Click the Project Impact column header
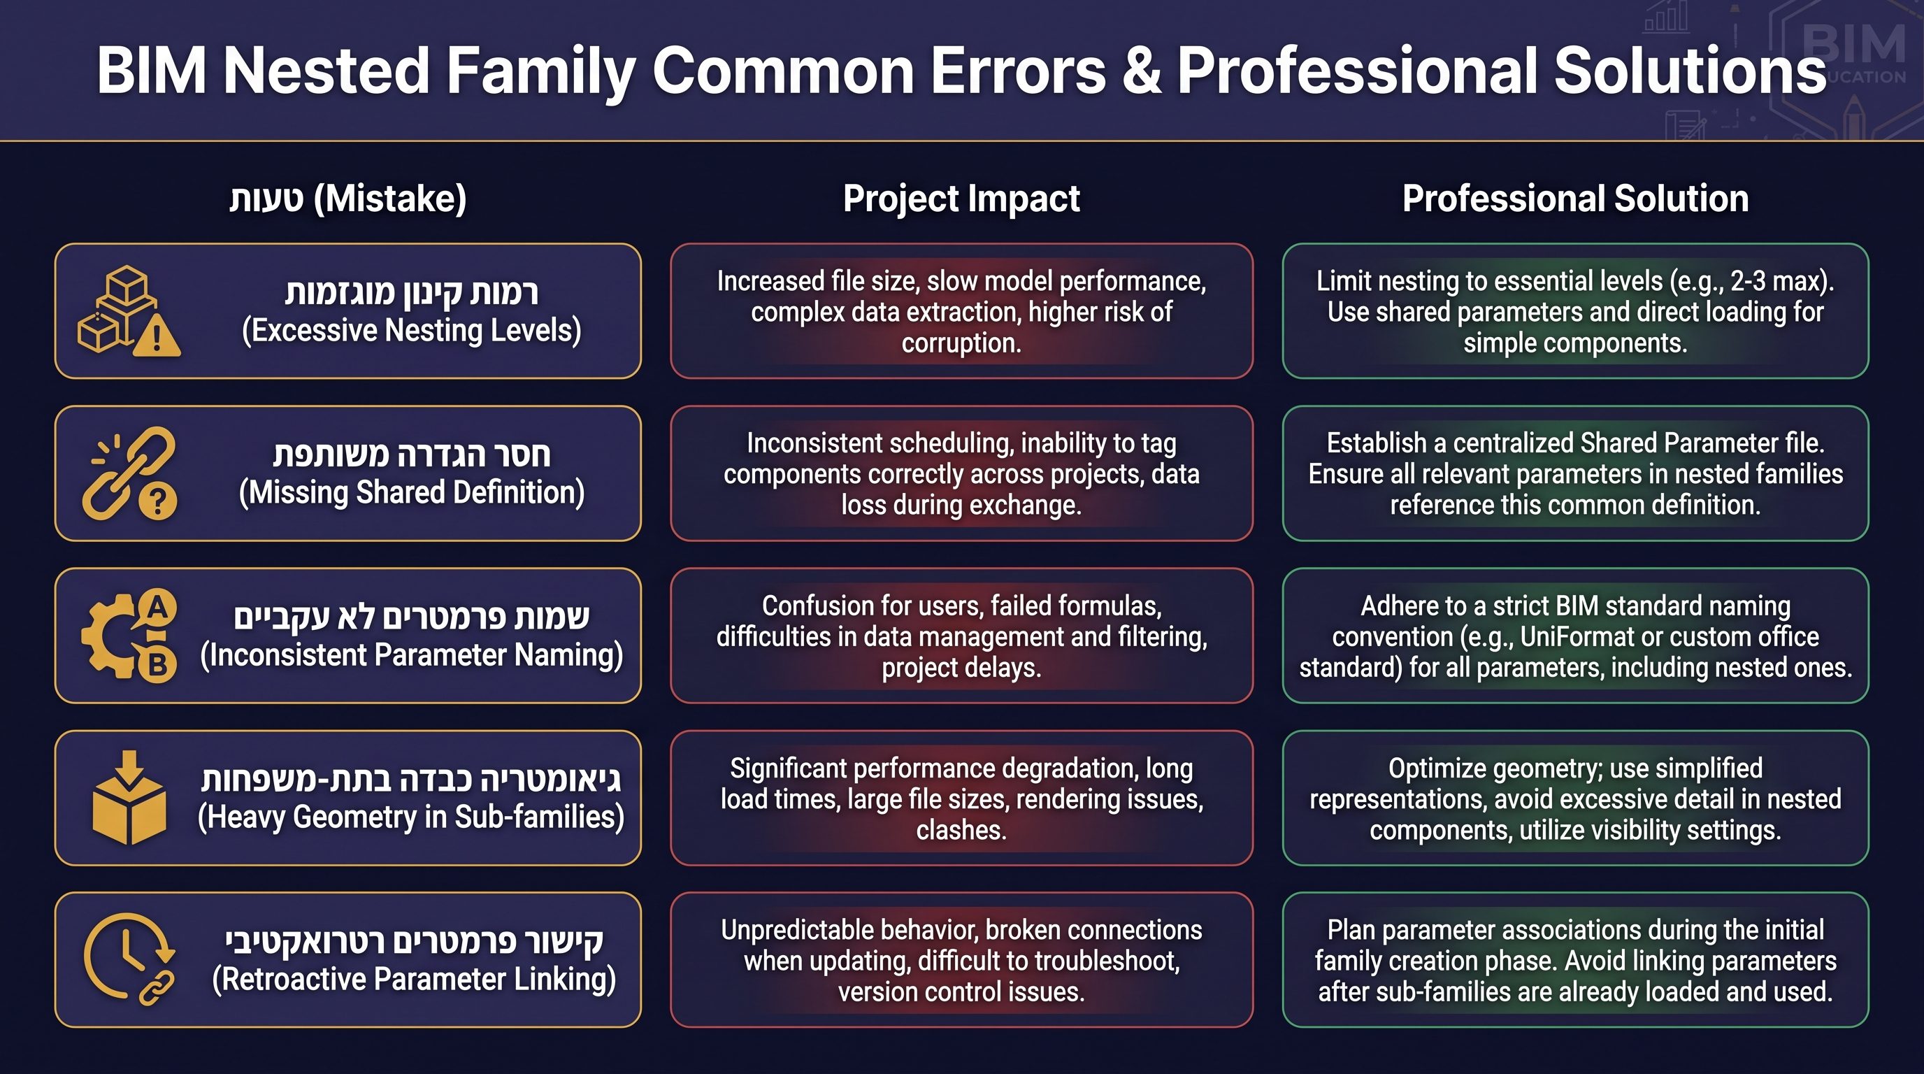click(x=961, y=199)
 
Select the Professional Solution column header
click(x=1575, y=199)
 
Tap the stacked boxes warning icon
click(x=129, y=310)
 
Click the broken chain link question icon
click(x=131, y=473)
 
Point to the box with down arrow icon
click(x=129, y=798)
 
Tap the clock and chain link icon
click(x=129, y=960)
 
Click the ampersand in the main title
click(x=1141, y=71)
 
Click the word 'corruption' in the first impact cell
click(x=961, y=343)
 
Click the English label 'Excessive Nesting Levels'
click(x=412, y=330)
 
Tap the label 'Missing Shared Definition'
click(x=412, y=493)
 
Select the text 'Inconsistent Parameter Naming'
click(x=412, y=655)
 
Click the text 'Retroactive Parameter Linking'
click(x=415, y=979)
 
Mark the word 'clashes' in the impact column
click(x=961, y=831)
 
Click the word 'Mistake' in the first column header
click(x=391, y=199)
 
